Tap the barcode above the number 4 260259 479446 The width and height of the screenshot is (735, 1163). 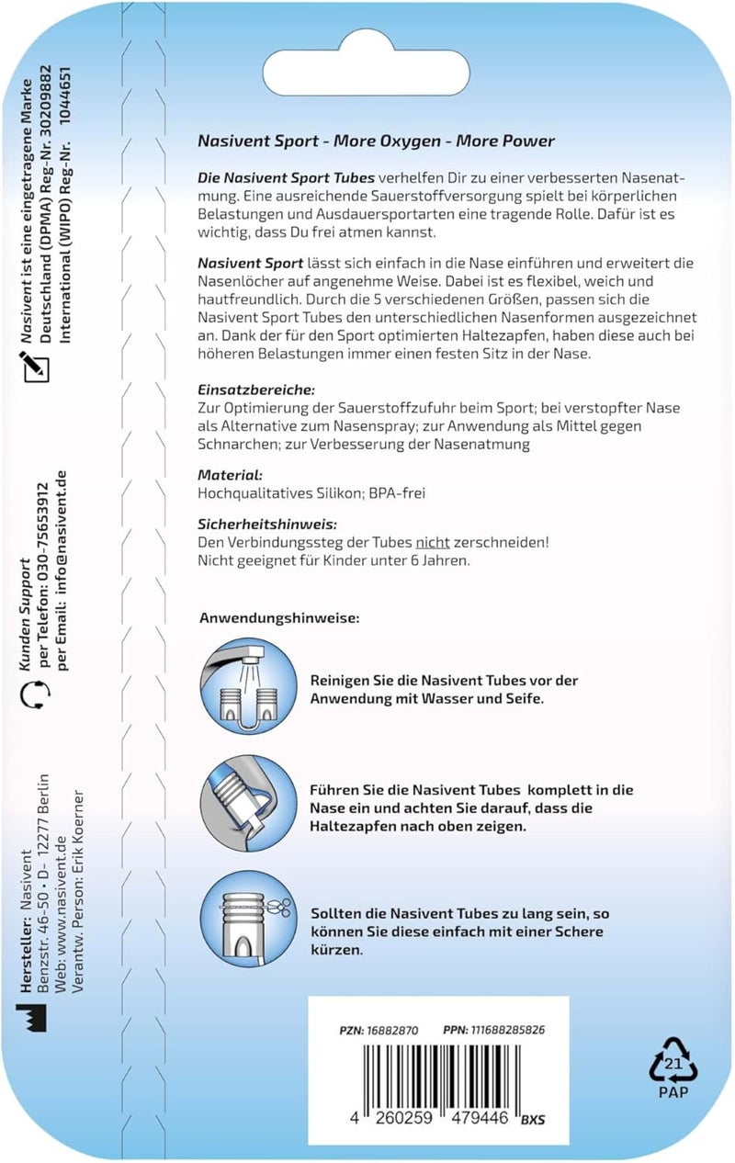point(441,1078)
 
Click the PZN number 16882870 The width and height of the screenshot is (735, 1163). point(392,1030)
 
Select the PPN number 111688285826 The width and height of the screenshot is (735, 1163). point(508,1030)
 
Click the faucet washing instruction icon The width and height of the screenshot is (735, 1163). point(248,686)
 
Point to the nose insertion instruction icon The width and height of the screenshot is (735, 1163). point(248,803)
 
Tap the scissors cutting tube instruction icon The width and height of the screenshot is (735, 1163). point(248,920)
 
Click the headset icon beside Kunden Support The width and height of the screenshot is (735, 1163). point(35,695)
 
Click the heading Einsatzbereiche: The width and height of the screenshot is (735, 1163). point(256,390)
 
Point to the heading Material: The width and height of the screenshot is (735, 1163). point(230,475)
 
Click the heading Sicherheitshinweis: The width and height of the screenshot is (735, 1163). point(267,525)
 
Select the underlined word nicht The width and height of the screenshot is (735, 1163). point(433,543)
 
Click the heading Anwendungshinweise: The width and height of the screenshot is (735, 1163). point(279,618)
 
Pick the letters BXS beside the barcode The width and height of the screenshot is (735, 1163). point(533,1120)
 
